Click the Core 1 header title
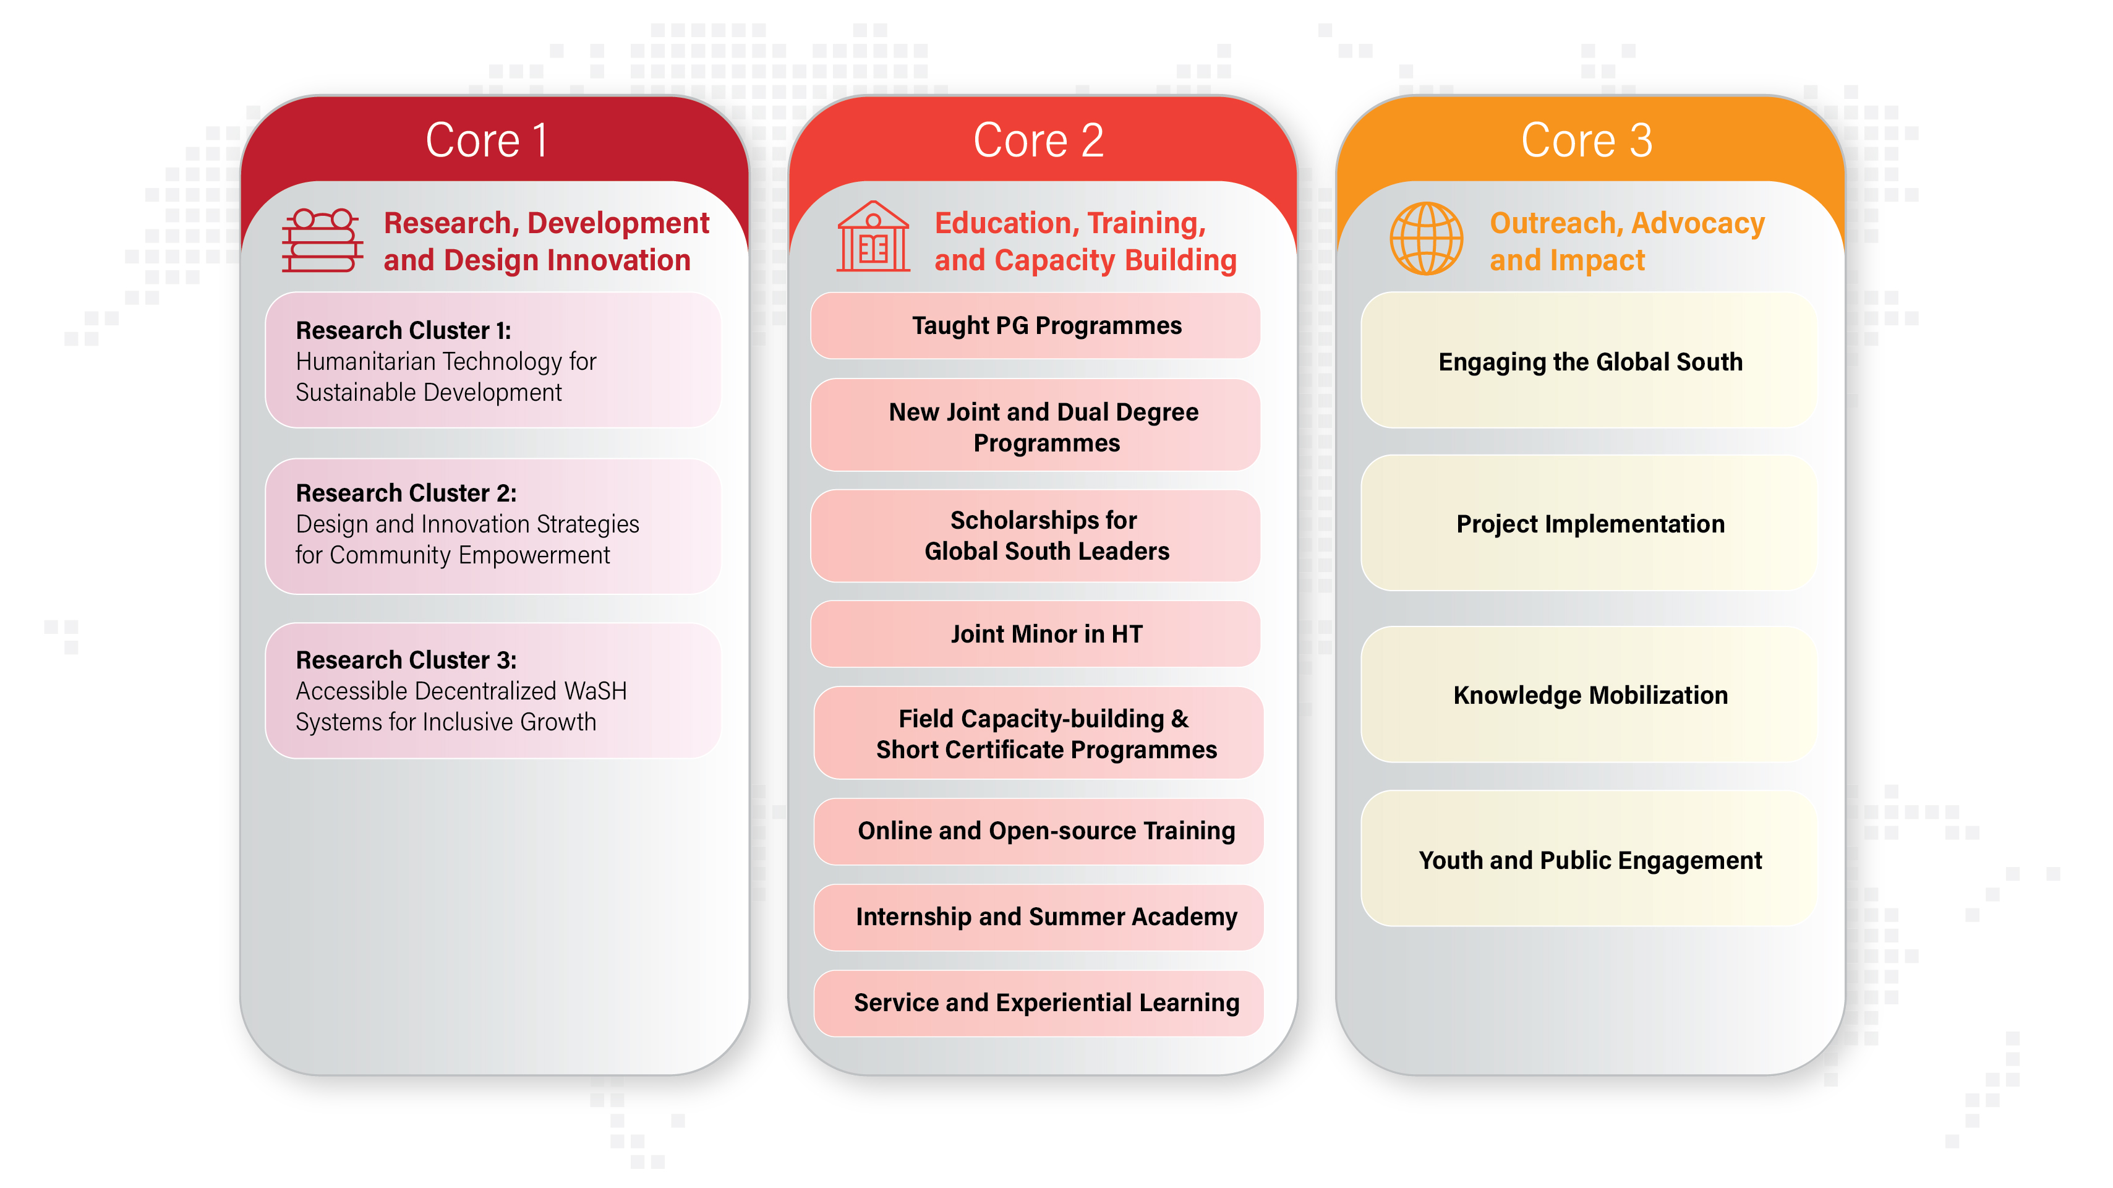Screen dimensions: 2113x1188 tap(487, 140)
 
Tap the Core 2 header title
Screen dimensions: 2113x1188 tap(1038, 140)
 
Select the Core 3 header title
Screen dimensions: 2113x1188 tap(1586, 140)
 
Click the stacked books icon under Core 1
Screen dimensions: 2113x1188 tap(322, 241)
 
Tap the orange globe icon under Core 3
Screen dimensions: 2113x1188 tap(1427, 239)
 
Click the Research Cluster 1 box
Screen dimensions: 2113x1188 tap(493, 360)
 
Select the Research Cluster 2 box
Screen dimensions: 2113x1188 tap(493, 526)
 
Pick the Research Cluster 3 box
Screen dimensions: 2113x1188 tap(493, 691)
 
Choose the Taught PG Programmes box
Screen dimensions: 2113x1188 tap(1035, 326)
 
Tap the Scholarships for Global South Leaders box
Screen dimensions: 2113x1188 tap(1035, 536)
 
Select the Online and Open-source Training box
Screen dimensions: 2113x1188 tap(1038, 831)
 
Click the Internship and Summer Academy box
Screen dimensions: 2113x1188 tap(1038, 917)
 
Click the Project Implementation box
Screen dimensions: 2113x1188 tap(1589, 523)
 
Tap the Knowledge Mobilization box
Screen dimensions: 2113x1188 tap(1589, 695)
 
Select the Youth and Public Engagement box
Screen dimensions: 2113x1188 tap(1589, 859)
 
